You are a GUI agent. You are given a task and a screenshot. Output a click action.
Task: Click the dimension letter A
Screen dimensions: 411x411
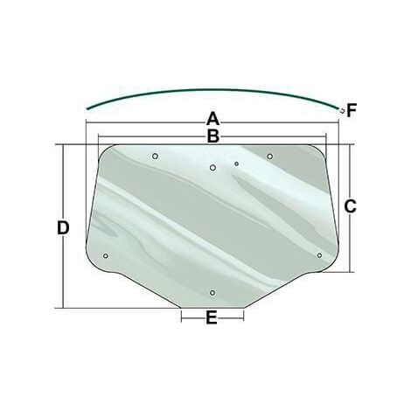[x=212, y=119]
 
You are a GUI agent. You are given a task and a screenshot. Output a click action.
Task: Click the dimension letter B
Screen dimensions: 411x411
[x=213, y=136]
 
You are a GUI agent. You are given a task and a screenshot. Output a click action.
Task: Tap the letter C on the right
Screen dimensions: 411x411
[x=350, y=206]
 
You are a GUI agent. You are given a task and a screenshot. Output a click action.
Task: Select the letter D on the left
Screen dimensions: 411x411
[x=63, y=228]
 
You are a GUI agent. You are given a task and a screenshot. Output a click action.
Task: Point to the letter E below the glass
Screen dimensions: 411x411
[x=212, y=317]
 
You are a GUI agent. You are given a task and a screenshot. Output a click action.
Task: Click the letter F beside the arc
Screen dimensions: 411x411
[x=352, y=111]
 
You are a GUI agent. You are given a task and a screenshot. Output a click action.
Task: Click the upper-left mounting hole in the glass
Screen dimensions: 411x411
[x=155, y=157]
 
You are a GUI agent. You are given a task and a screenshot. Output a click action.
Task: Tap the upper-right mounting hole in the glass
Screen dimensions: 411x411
[x=270, y=157]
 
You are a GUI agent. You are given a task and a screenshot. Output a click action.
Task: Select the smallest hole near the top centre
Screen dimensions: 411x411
[x=236, y=164]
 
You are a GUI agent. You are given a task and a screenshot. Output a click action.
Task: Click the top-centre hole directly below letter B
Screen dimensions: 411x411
[x=212, y=168]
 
